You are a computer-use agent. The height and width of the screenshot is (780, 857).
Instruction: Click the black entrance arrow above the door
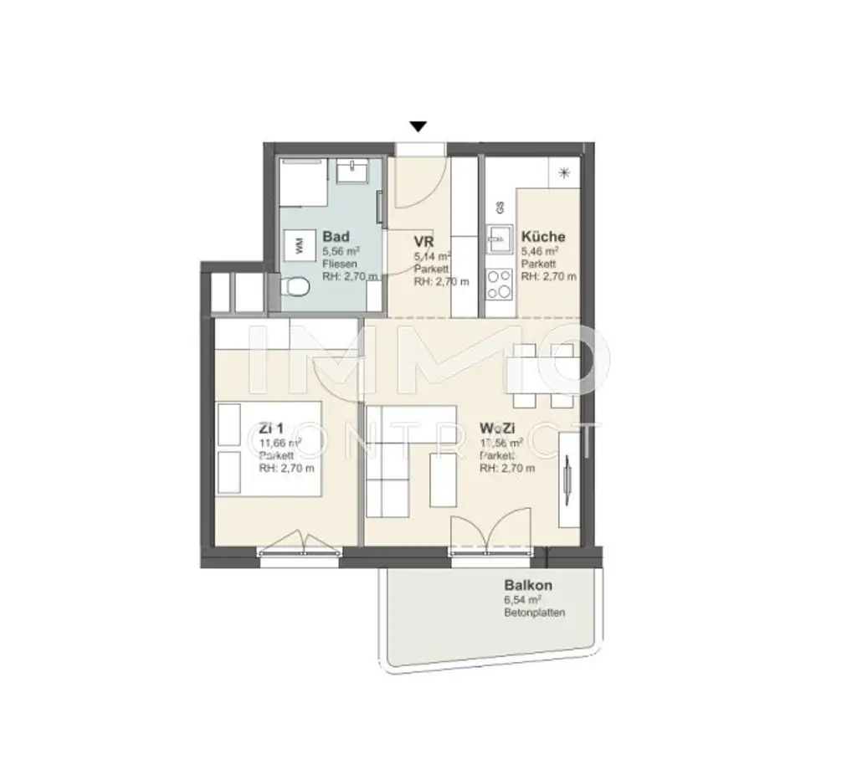pos(418,126)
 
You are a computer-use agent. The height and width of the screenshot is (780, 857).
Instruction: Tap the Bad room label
pos(336,237)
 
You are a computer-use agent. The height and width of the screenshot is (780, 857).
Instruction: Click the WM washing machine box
pos(299,245)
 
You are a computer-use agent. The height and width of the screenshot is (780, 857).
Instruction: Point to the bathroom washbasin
pos(352,173)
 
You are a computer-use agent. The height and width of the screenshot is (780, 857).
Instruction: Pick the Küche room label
pos(543,237)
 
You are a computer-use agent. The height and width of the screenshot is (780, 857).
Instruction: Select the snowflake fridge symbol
pos(564,174)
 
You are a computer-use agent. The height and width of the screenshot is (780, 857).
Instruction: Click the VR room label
pos(423,243)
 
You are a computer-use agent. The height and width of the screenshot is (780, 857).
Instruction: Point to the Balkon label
pos(527,586)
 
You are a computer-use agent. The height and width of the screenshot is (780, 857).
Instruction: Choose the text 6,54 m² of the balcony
pos(522,600)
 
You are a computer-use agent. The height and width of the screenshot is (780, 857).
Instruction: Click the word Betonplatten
pos(535,613)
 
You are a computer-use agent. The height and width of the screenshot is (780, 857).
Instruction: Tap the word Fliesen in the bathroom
pos(340,264)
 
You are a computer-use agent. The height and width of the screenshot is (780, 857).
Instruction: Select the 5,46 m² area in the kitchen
pos(540,250)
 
